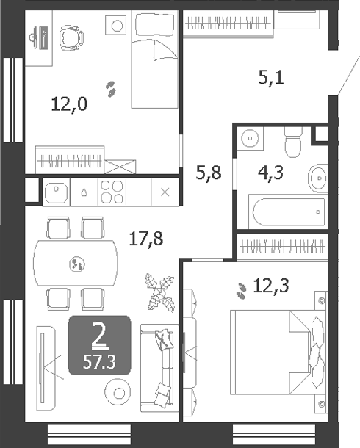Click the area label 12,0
69,104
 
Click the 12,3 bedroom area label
271,286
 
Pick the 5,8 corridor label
207,176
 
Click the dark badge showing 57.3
99,344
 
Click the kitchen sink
56,192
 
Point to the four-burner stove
113,192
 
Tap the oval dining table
76,263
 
